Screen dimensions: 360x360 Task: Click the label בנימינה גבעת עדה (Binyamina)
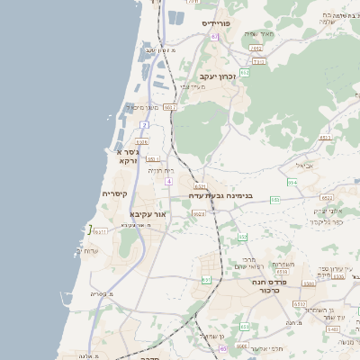point(220,195)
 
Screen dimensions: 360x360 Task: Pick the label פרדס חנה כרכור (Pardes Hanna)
point(270,285)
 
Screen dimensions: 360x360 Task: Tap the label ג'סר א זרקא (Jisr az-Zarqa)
point(127,157)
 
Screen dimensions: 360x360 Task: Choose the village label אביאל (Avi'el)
point(305,166)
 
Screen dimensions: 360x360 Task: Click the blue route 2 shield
point(144,124)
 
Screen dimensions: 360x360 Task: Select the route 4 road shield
point(168,181)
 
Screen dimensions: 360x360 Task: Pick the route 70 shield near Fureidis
point(214,37)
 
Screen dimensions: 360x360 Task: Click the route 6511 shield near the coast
point(100,231)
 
